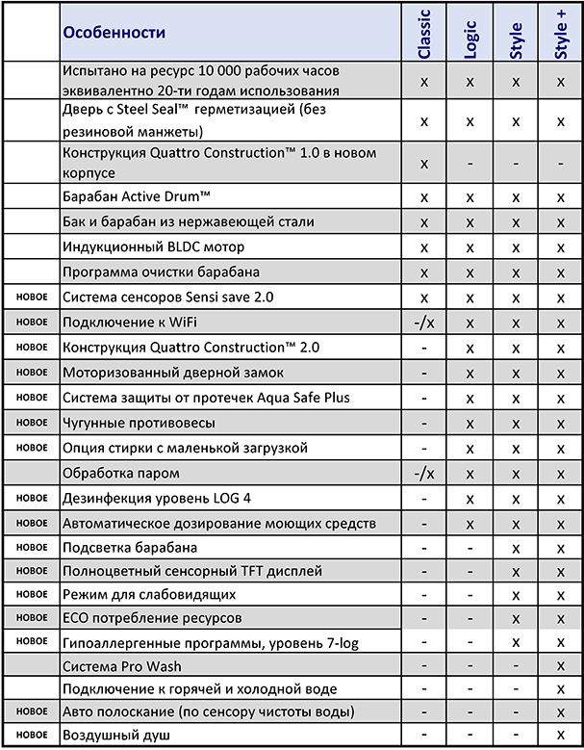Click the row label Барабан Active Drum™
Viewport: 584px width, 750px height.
click(x=137, y=196)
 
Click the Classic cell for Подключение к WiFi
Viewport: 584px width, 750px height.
click(x=424, y=323)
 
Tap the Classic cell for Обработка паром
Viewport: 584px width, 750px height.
click(x=424, y=473)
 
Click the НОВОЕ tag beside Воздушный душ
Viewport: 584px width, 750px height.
click(x=32, y=735)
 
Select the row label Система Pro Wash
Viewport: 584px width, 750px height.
click(x=121, y=665)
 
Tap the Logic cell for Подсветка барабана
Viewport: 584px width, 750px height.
click(x=470, y=548)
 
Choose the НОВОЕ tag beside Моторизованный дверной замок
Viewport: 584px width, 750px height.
click(x=32, y=372)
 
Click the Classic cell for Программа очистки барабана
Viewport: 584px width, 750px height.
click(x=424, y=272)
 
